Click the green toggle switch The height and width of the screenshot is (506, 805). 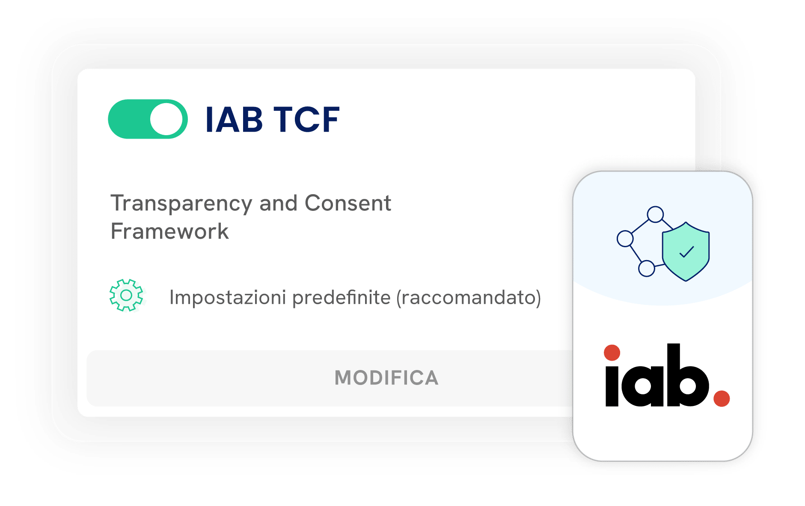(x=148, y=119)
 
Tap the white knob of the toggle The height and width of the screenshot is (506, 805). (x=166, y=119)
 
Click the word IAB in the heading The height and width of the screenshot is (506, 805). (x=234, y=119)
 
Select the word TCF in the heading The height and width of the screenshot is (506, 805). (x=306, y=119)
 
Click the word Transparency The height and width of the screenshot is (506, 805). (x=181, y=204)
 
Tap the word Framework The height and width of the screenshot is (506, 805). (x=170, y=231)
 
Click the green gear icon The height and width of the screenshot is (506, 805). (x=126, y=295)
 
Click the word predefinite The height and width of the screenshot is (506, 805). (x=342, y=297)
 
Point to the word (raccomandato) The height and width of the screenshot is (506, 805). (x=469, y=297)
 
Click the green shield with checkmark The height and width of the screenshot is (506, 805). (x=686, y=252)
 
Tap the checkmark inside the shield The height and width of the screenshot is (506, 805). (x=686, y=252)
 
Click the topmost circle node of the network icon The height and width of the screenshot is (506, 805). (x=655, y=214)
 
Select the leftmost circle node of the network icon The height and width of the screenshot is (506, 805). (x=625, y=239)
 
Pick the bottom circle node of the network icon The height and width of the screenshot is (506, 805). (x=646, y=269)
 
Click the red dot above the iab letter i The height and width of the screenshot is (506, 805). (x=612, y=353)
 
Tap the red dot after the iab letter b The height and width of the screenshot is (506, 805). (x=722, y=399)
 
